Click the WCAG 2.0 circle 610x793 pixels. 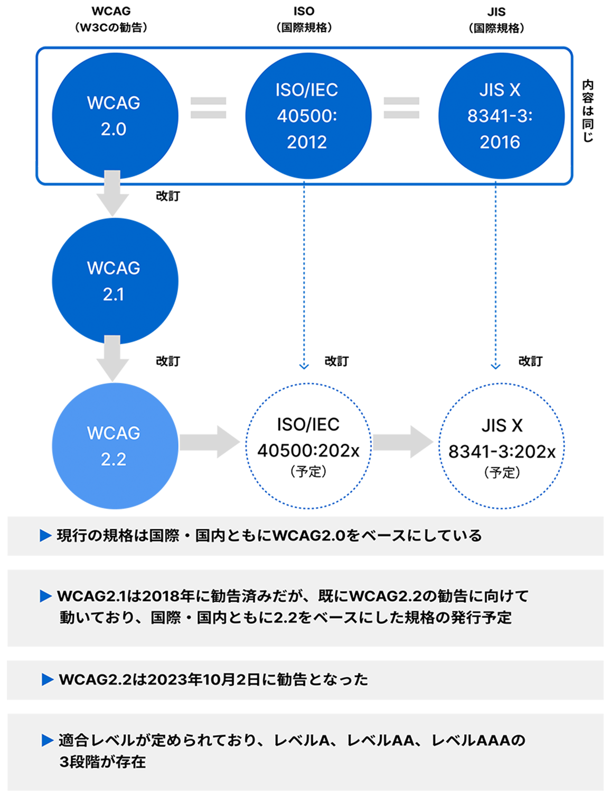(x=114, y=115)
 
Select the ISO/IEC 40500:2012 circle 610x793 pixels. (x=307, y=115)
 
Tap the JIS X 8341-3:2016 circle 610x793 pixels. (x=500, y=115)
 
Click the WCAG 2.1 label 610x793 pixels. (x=114, y=281)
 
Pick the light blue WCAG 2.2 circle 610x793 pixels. (x=114, y=446)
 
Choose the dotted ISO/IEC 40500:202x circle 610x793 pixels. (x=308, y=447)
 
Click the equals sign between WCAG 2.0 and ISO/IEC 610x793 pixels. (x=208, y=107)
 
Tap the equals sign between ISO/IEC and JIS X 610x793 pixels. (x=401, y=107)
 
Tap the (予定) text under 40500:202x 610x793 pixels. (x=308, y=472)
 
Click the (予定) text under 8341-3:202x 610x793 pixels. (x=502, y=473)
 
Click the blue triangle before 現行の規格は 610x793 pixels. (x=45, y=536)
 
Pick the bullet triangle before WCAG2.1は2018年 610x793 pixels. (x=45, y=596)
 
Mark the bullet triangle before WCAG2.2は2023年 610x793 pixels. (x=47, y=679)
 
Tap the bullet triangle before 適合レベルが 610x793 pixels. (x=47, y=740)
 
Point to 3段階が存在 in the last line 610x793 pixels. (x=103, y=762)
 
